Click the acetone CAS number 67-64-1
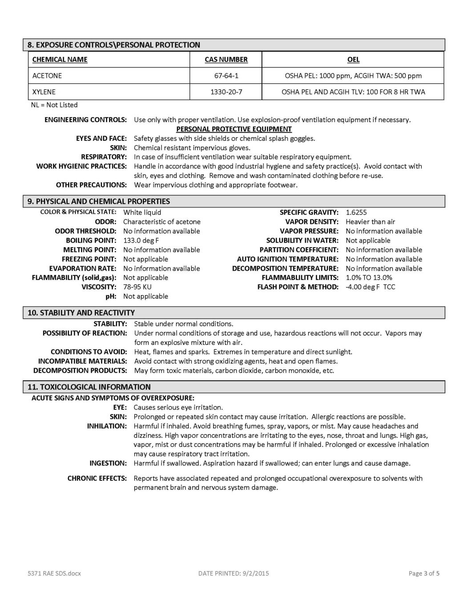click(x=226, y=76)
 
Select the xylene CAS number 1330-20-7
click(x=226, y=92)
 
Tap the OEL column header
click(x=353, y=60)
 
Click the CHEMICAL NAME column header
click(x=60, y=60)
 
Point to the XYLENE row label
click(x=44, y=92)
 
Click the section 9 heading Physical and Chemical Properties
click(x=99, y=201)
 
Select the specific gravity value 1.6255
click(x=356, y=212)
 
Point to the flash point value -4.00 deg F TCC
click(x=370, y=287)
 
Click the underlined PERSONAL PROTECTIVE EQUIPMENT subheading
click(x=234, y=129)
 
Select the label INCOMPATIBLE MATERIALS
click(x=83, y=361)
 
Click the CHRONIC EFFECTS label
click(x=97, y=478)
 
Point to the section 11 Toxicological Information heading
click(x=89, y=387)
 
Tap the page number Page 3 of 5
click(x=424, y=573)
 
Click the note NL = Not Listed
click(x=55, y=105)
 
